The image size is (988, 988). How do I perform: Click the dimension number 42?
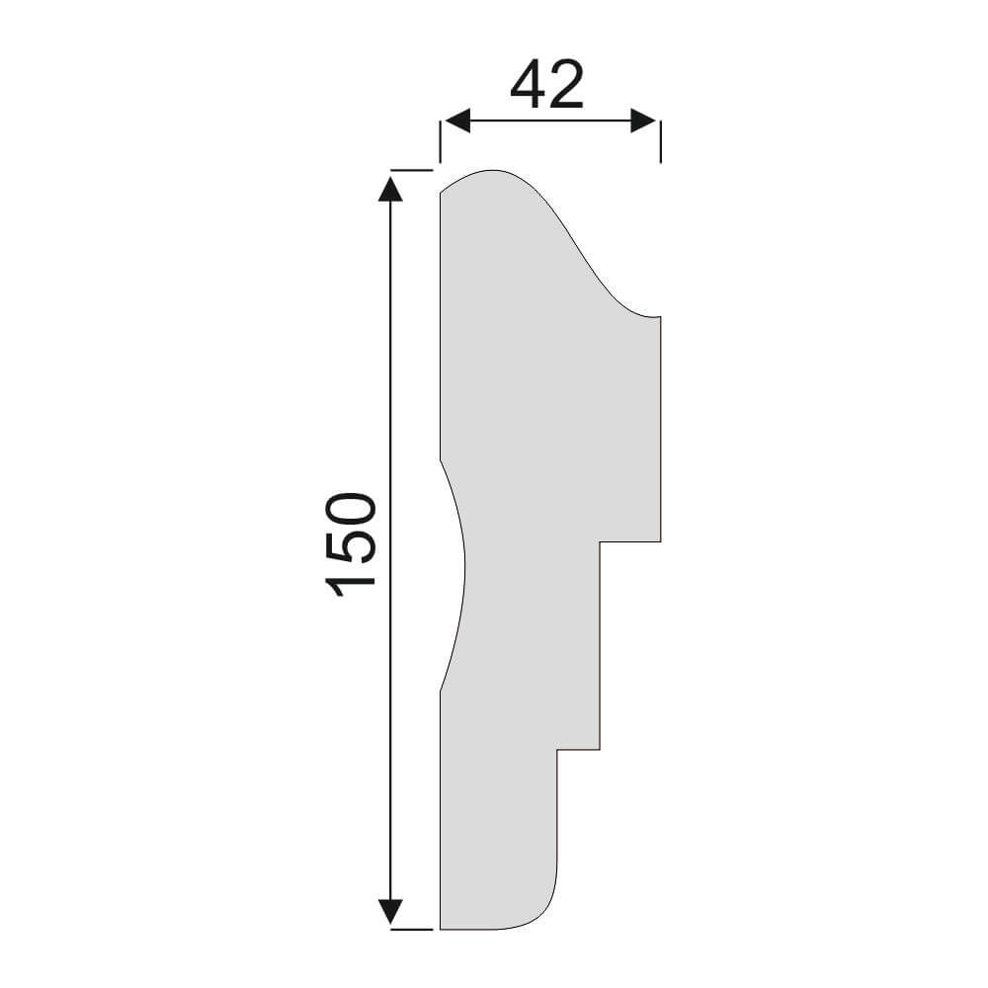coord(547,85)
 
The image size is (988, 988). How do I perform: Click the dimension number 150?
coord(351,544)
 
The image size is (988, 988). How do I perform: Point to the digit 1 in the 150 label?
coord(351,584)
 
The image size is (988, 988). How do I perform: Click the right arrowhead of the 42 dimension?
coord(645,121)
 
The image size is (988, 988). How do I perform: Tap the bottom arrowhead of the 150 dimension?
coord(390,913)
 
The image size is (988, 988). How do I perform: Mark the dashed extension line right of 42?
coord(660,141)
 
